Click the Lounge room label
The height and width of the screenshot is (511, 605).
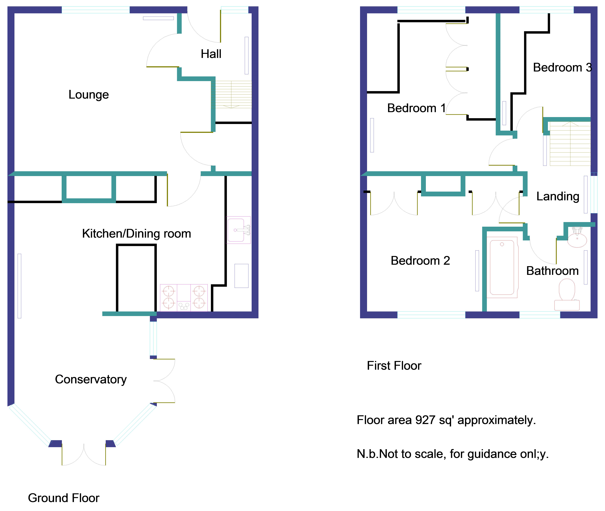[x=89, y=95]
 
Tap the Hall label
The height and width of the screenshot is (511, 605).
[x=211, y=54]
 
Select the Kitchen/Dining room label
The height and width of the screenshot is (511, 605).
[x=136, y=233]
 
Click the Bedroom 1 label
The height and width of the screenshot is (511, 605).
[x=416, y=108]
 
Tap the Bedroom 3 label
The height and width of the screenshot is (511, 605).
[x=562, y=68]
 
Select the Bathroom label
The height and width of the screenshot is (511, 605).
[x=552, y=271]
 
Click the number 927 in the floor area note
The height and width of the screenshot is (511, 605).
[x=425, y=420]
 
